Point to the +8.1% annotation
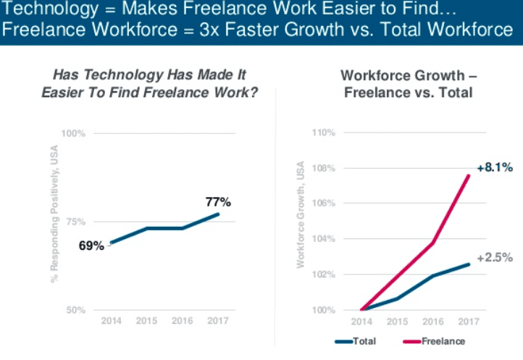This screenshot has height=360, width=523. pyautogui.click(x=495, y=167)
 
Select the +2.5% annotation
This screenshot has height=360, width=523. pyautogui.click(x=495, y=257)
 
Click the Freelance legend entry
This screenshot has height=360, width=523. pyautogui.click(x=442, y=341)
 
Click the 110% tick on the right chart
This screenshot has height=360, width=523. pyautogui.click(x=323, y=133)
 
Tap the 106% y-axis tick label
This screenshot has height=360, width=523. pyautogui.click(x=323, y=204)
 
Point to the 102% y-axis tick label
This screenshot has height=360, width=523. pyautogui.click(x=323, y=275)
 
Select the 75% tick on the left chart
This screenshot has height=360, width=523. pyautogui.click(x=76, y=222)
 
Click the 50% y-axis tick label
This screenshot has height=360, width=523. pyautogui.click(x=76, y=310)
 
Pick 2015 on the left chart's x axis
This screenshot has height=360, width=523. pyautogui.click(x=147, y=320)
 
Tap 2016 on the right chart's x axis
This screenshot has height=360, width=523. pyautogui.click(x=433, y=320)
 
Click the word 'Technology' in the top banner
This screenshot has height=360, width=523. pyautogui.click(x=43, y=11)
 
